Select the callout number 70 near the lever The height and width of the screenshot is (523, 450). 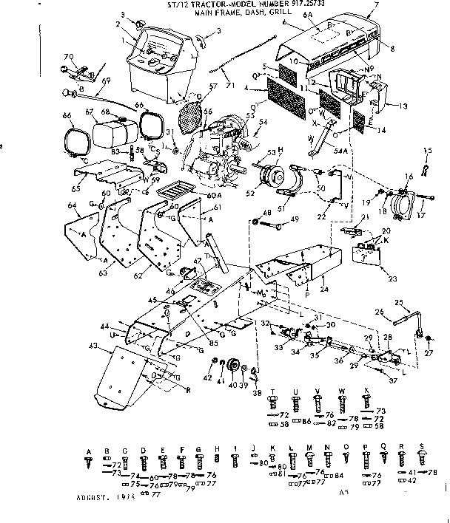point(69,56)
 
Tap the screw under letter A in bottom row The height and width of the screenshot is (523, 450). point(89,462)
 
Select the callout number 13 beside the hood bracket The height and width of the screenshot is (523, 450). point(403,106)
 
